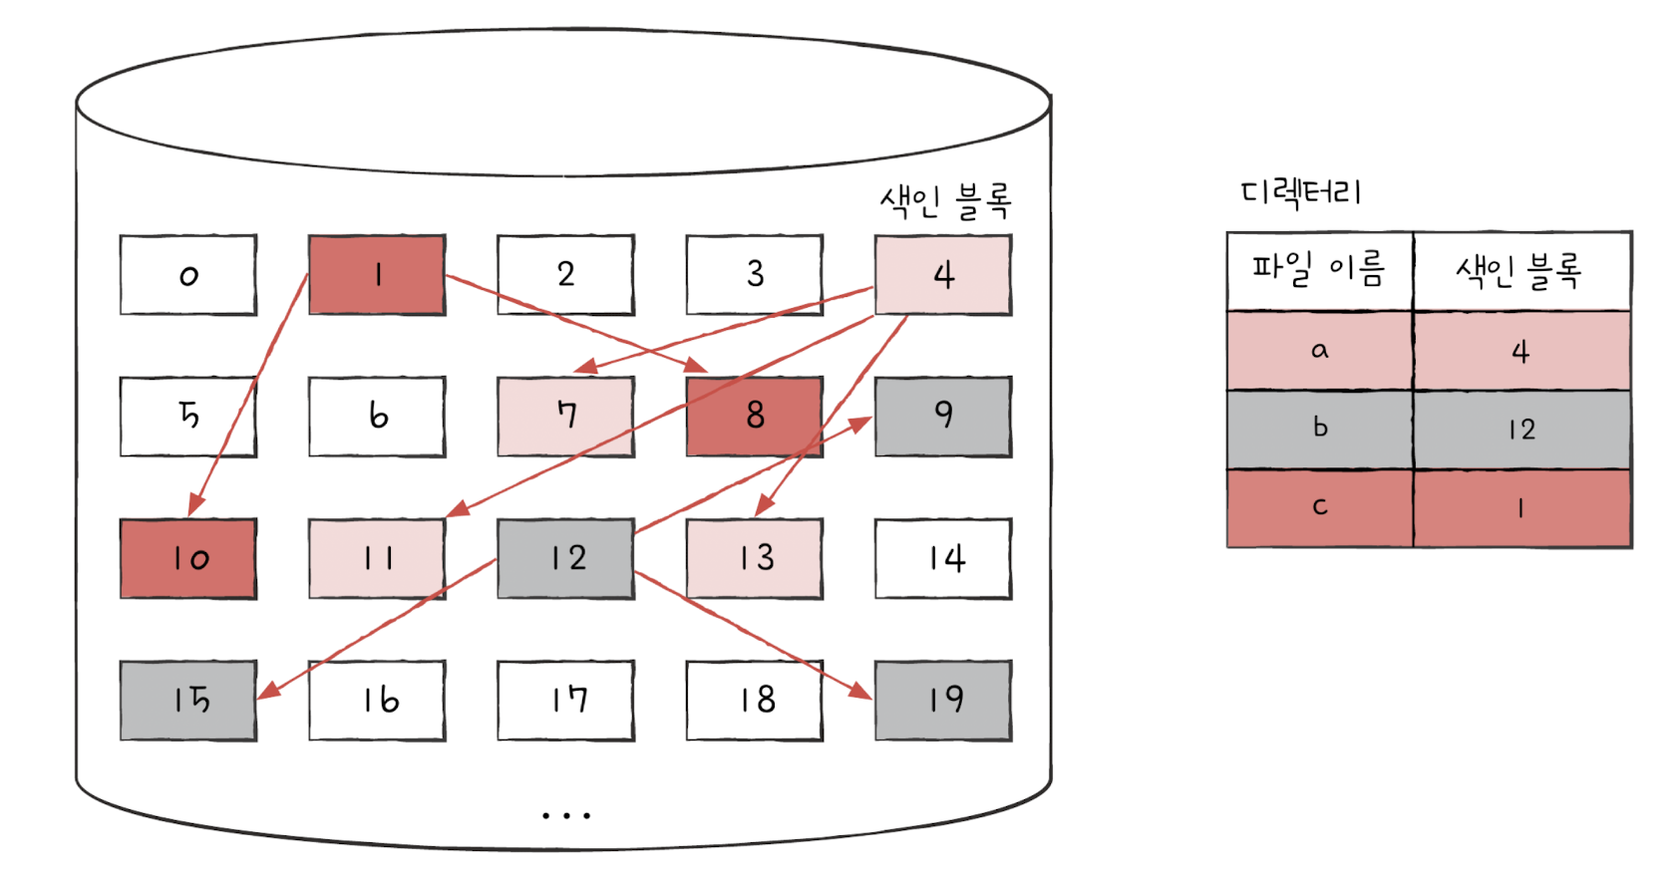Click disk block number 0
coord(188,275)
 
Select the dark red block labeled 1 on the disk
coord(377,275)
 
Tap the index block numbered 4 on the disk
coord(943,275)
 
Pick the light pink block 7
coord(565,417)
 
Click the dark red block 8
coord(755,417)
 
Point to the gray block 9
coord(943,417)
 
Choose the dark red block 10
coord(188,558)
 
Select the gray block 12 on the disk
coord(565,558)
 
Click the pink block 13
coord(755,558)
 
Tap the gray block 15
coord(188,700)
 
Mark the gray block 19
coord(943,700)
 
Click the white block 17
coord(565,700)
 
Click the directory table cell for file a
coord(1319,350)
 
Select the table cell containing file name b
coord(1319,429)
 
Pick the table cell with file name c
coord(1319,507)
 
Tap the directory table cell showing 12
coord(1521,429)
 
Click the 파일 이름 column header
coord(1318,270)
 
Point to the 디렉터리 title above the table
coord(1301,191)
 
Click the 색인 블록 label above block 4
coord(945,200)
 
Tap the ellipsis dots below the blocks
coord(566,815)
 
